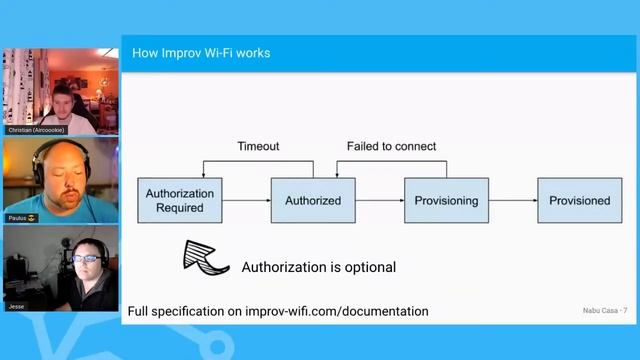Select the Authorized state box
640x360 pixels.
(312, 200)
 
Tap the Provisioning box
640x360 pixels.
(446, 200)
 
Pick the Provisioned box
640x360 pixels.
(579, 200)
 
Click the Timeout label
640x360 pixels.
(258, 146)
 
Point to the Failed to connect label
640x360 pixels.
(391, 146)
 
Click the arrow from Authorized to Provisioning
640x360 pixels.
(378, 200)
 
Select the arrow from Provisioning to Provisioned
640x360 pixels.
(512, 200)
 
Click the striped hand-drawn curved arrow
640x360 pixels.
(206, 257)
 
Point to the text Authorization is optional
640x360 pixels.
(319, 267)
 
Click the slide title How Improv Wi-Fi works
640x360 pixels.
(201, 52)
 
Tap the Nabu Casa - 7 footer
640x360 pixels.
(604, 311)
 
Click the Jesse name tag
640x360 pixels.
(15, 306)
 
